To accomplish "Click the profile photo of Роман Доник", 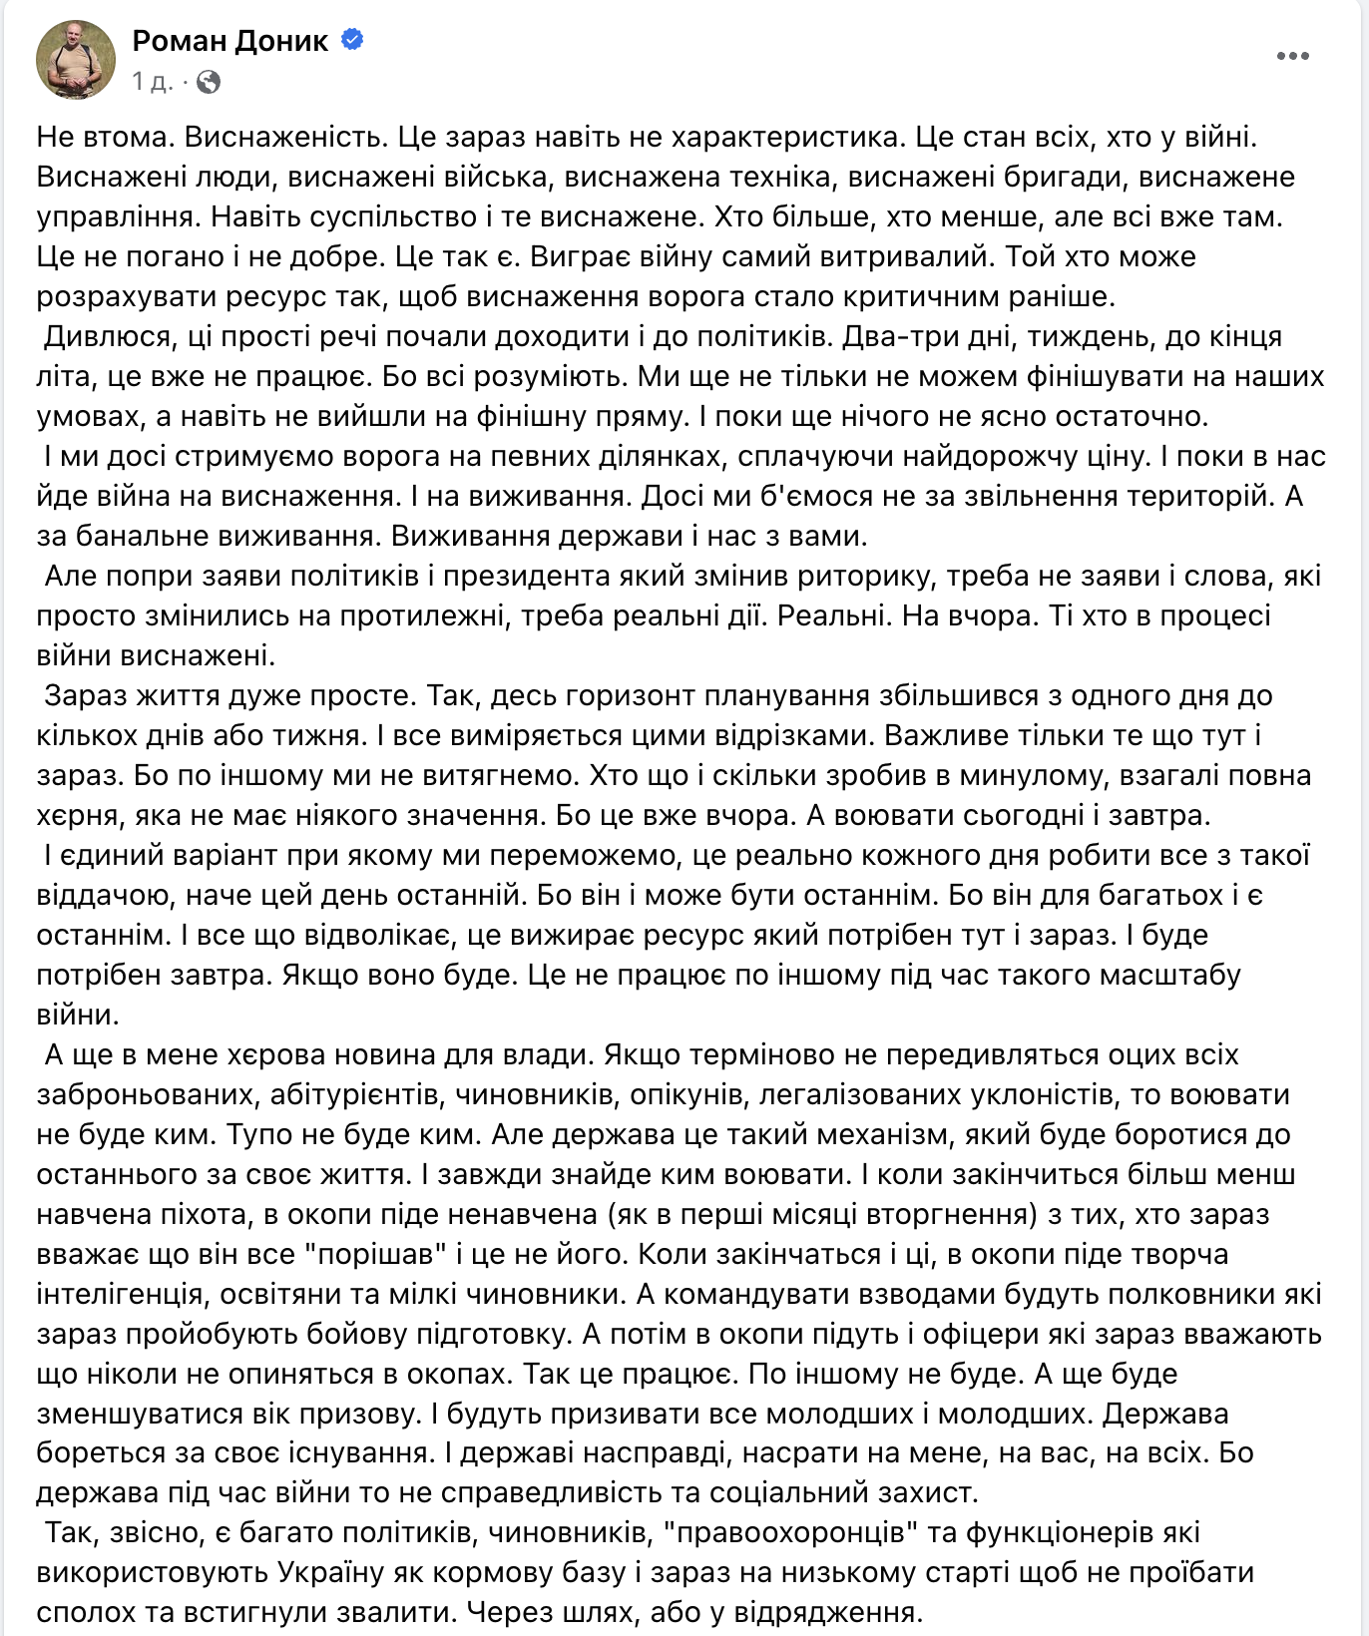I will (x=76, y=60).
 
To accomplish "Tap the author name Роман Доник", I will (x=230, y=40).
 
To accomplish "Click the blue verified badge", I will (x=352, y=40).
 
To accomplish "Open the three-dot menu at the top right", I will (x=1292, y=56).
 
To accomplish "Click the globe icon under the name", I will (x=209, y=82).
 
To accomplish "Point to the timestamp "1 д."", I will (x=152, y=82).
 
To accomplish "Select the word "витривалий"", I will (x=909, y=256).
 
